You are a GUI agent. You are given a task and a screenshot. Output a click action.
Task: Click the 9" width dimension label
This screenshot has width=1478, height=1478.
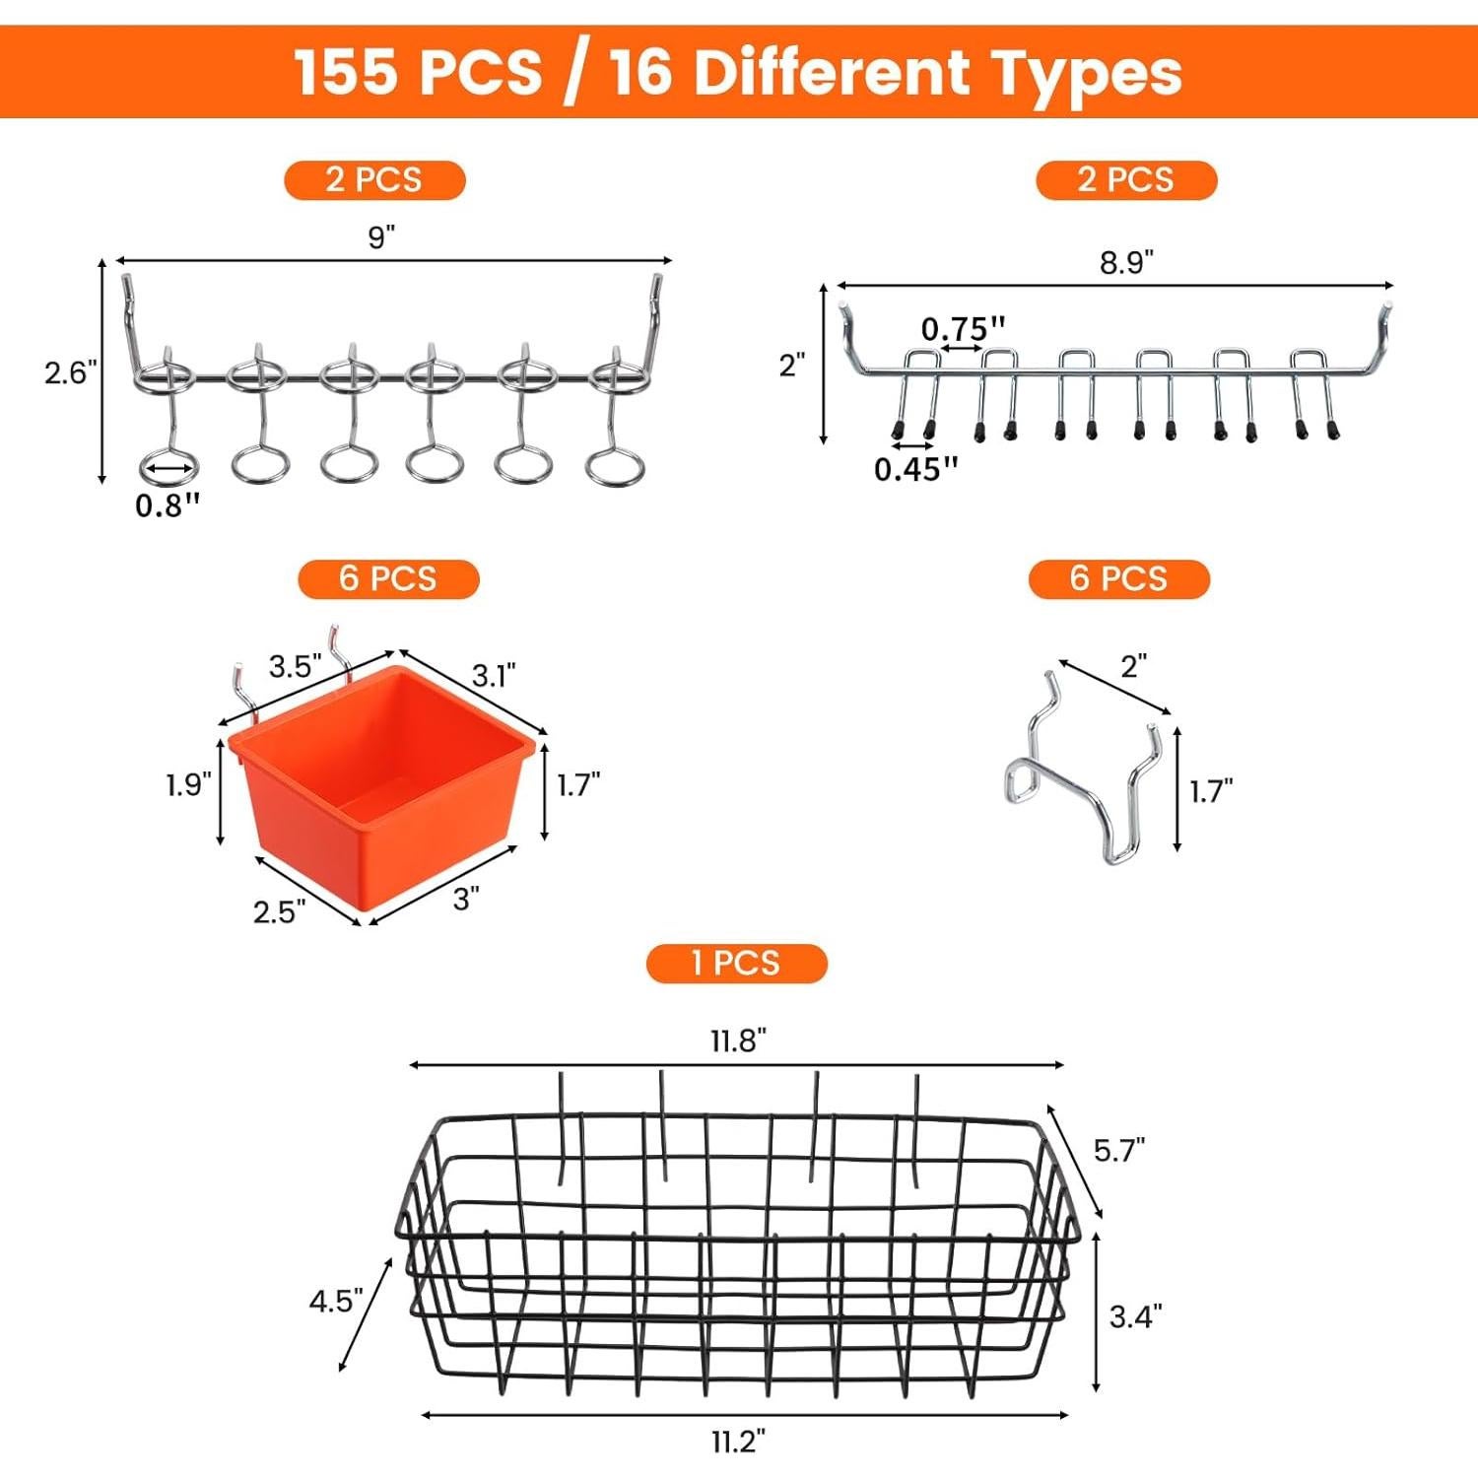pos(381,237)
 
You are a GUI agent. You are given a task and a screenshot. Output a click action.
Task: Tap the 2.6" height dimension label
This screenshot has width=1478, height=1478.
pos(71,372)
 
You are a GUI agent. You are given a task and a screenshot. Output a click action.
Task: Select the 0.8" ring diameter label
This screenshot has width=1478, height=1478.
pos(168,505)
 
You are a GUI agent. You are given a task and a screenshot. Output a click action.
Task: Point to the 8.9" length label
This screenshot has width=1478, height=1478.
pos(1126,263)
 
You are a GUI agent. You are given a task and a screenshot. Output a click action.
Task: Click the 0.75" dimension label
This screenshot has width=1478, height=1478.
pos(964,329)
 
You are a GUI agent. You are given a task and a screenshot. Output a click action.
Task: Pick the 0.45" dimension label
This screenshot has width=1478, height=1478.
pos(915,469)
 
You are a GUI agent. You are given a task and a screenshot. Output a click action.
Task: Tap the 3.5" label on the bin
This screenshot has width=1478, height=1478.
pos(296,667)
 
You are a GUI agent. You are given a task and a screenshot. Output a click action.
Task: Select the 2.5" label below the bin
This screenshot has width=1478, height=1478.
pos(279,912)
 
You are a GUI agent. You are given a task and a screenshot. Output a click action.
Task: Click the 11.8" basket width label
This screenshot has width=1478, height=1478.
pos(738,1041)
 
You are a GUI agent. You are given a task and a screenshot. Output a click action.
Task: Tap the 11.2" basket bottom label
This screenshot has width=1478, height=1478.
pos(738,1442)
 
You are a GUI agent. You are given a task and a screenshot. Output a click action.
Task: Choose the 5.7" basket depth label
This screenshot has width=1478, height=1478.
pos(1119,1150)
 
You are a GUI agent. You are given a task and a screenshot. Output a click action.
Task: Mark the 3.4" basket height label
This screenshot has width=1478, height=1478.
pos(1135,1316)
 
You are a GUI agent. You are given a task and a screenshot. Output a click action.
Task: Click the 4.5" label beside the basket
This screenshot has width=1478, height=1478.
pos(336,1301)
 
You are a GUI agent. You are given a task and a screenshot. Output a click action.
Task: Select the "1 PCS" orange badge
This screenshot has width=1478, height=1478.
pos(736,963)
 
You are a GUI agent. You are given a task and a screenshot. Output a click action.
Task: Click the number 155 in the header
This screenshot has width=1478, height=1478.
pos(347,72)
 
